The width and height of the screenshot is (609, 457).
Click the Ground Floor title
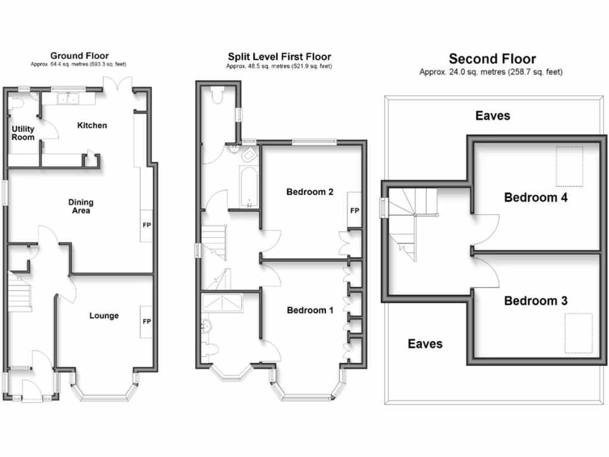coord(79,56)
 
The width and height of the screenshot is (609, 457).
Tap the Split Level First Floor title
coord(279,57)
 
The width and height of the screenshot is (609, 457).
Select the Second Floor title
coord(492,59)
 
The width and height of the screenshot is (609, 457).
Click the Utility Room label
coord(23,133)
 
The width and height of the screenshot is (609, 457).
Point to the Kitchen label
coord(92,126)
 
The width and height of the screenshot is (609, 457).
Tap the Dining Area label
coord(80,206)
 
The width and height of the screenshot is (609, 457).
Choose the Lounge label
coord(104,315)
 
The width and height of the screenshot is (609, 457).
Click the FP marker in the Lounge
coord(146,322)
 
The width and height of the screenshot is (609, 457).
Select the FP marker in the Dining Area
coord(146,226)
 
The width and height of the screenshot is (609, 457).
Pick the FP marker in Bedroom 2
coord(354,211)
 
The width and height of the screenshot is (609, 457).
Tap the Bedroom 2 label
coord(309,192)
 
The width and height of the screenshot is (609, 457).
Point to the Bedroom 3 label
coord(535,301)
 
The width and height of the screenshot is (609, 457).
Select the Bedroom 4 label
coord(535,198)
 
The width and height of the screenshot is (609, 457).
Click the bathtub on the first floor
coord(247,187)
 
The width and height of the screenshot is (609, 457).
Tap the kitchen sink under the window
coord(67,99)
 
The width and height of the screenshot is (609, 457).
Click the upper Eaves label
coord(492,115)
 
